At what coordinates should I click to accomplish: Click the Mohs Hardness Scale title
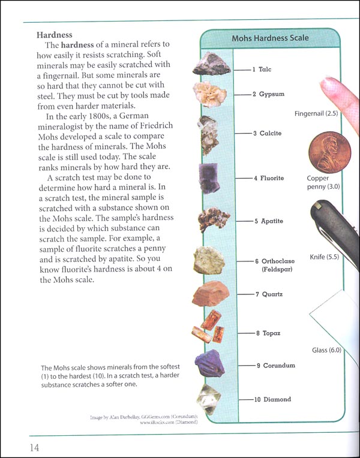(x=270, y=38)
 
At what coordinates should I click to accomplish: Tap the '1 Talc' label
(x=262, y=70)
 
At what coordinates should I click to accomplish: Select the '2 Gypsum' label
(x=268, y=95)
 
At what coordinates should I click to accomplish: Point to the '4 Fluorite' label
(x=268, y=179)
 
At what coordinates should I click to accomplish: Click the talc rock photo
(x=211, y=65)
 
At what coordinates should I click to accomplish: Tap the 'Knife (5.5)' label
(x=325, y=257)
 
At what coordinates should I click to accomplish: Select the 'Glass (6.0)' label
(x=326, y=350)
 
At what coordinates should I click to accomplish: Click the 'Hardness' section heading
(x=54, y=35)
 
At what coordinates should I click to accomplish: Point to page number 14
(x=20, y=447)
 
